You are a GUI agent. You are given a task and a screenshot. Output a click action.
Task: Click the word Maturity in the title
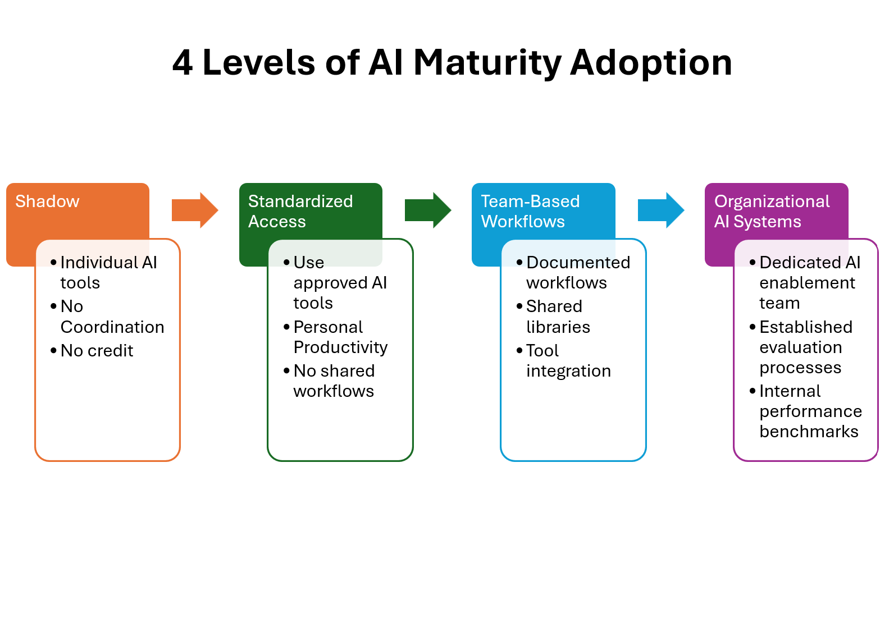(x=487, y=63)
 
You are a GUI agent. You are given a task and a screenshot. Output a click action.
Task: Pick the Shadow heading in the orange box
(x=47, y=201)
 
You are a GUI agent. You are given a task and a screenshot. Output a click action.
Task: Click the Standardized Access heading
(x=300, y=212)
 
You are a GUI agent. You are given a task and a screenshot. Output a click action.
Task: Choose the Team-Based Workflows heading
(x=530, y=212)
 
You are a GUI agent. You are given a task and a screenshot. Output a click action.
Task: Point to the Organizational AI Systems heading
(x=772, y=212)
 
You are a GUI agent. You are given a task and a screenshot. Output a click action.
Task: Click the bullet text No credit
(x=97, y=351)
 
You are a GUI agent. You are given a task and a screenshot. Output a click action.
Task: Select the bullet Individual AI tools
(x=108, y=273)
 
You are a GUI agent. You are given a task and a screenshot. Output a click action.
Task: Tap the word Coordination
(x=112, y=327)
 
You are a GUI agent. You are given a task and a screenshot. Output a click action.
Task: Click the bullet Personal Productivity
(x=340, y=337)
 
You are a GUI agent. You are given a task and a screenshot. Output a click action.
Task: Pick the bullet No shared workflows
(x=334, y=381)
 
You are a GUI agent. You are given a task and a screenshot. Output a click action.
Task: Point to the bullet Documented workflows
(x=578, y=273)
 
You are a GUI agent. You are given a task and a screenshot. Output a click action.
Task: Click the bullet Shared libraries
(x=558, y=317)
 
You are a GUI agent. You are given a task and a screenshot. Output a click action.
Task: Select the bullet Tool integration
(x=568, y=361)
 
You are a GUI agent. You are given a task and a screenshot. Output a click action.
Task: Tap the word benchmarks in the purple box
(x=809, y=432)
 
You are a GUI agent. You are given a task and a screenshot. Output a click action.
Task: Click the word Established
(x=806, y=327)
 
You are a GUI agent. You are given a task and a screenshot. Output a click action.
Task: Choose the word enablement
(x=807, y=283)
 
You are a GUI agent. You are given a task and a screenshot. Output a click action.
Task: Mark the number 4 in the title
(x=183, y=63)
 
